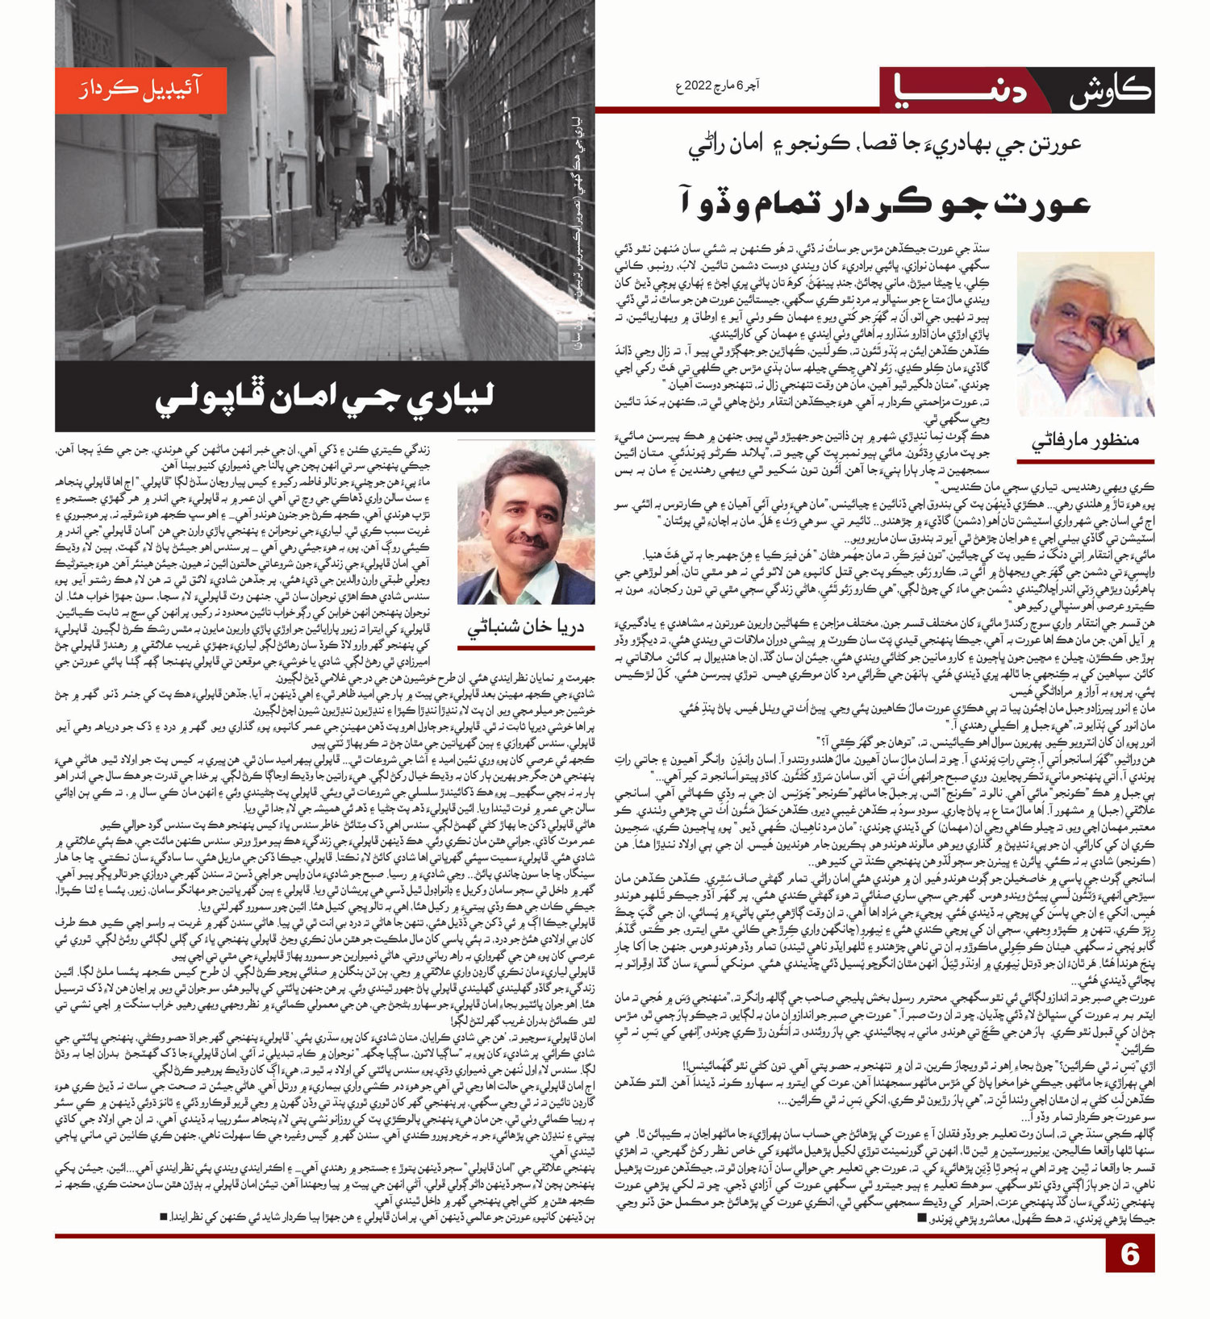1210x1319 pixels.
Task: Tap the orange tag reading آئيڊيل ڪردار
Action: coord(140,90)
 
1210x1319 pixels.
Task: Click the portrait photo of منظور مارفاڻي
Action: coord(1085,334)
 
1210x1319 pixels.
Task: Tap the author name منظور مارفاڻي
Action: coord(1085,440)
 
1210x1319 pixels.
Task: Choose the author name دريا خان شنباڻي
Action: coord(526,628)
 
